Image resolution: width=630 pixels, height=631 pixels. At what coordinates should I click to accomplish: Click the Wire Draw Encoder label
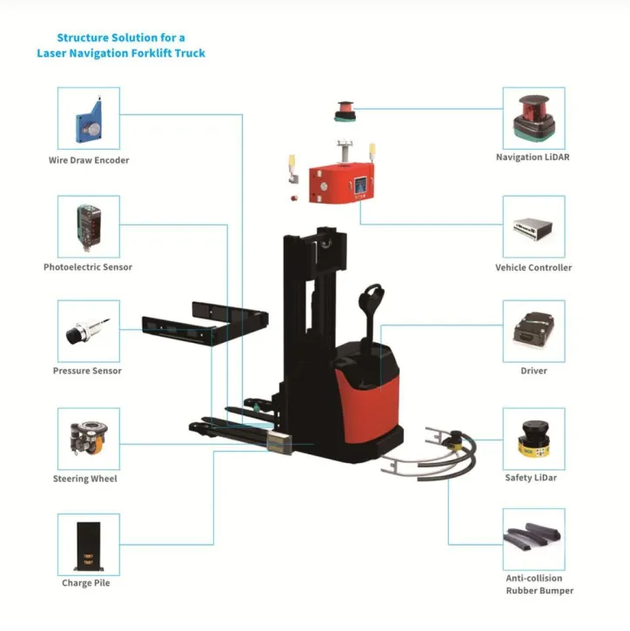pos(89,160)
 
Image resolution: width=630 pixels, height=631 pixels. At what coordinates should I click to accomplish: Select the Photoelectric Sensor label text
pos(88,267)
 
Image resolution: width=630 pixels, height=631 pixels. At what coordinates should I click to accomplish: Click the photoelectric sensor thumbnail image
pos(89,225)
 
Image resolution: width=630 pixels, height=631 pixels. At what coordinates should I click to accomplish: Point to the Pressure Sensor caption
pos(87,372)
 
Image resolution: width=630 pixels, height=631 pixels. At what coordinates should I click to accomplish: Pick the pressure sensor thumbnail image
pos(89,332)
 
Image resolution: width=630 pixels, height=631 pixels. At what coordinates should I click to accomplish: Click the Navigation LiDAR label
pos(533,158)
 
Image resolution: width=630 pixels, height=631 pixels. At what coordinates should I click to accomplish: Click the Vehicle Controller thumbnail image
pos(533,226)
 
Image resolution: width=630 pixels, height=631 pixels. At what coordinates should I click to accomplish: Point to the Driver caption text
pos(533,372)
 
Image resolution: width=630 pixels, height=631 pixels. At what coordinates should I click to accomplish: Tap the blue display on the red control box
pos(358,186)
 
